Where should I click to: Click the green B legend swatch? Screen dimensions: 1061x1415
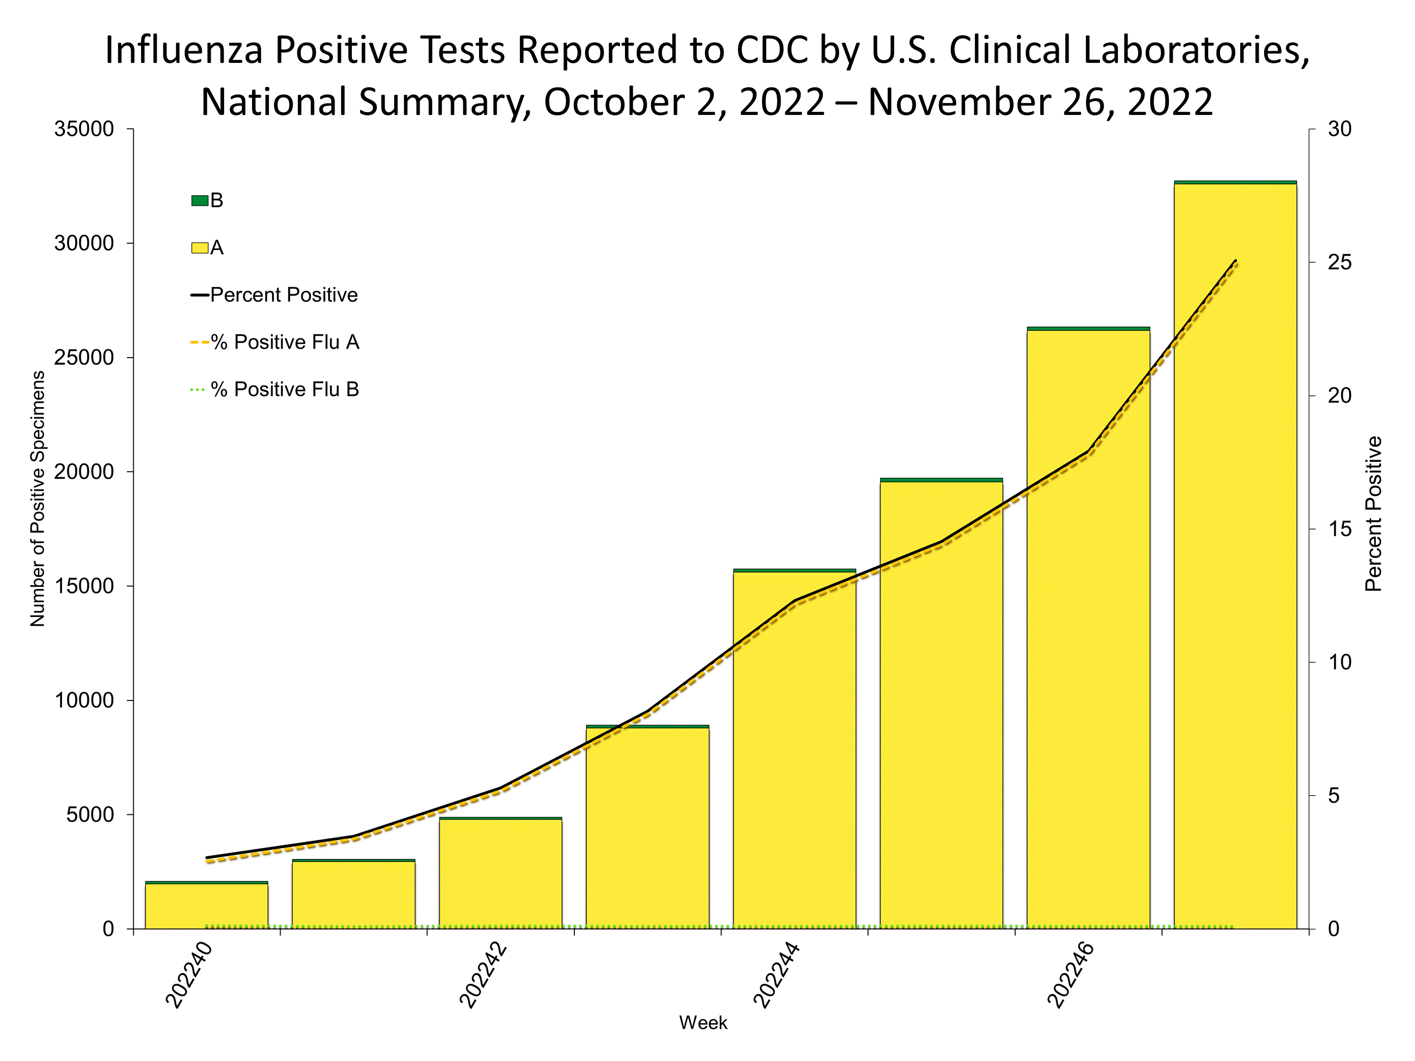pyautogui.click(x=199, y=201)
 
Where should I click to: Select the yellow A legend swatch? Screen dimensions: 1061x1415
pyautogui.click(x=199, y=248)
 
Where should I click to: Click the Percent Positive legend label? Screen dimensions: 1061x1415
pyautogui.click(x=283, y=295)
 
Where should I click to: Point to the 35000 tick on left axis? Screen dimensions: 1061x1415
pyautogui.click(x=84, y=129)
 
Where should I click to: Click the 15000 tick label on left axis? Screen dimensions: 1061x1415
pyautogui.click(x=84, y=586)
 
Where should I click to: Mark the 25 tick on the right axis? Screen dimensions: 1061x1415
pyautogui.click(x=1339, y=263)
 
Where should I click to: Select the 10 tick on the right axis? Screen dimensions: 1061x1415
pyautogui.click(x=1339, y=663)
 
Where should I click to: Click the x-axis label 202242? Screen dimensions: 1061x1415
pyautogui.click(x=483, y=976)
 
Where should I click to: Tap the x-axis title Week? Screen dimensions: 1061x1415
pyautogui.click(x=703, y=1023)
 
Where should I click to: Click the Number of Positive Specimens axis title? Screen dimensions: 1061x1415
pyautogui.click(x=38, y=499)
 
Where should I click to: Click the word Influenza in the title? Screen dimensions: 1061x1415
pyautogui.click(x=184, y=50)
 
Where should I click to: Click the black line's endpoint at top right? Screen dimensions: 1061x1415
pyautogui.click(x=1235, y=261)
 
